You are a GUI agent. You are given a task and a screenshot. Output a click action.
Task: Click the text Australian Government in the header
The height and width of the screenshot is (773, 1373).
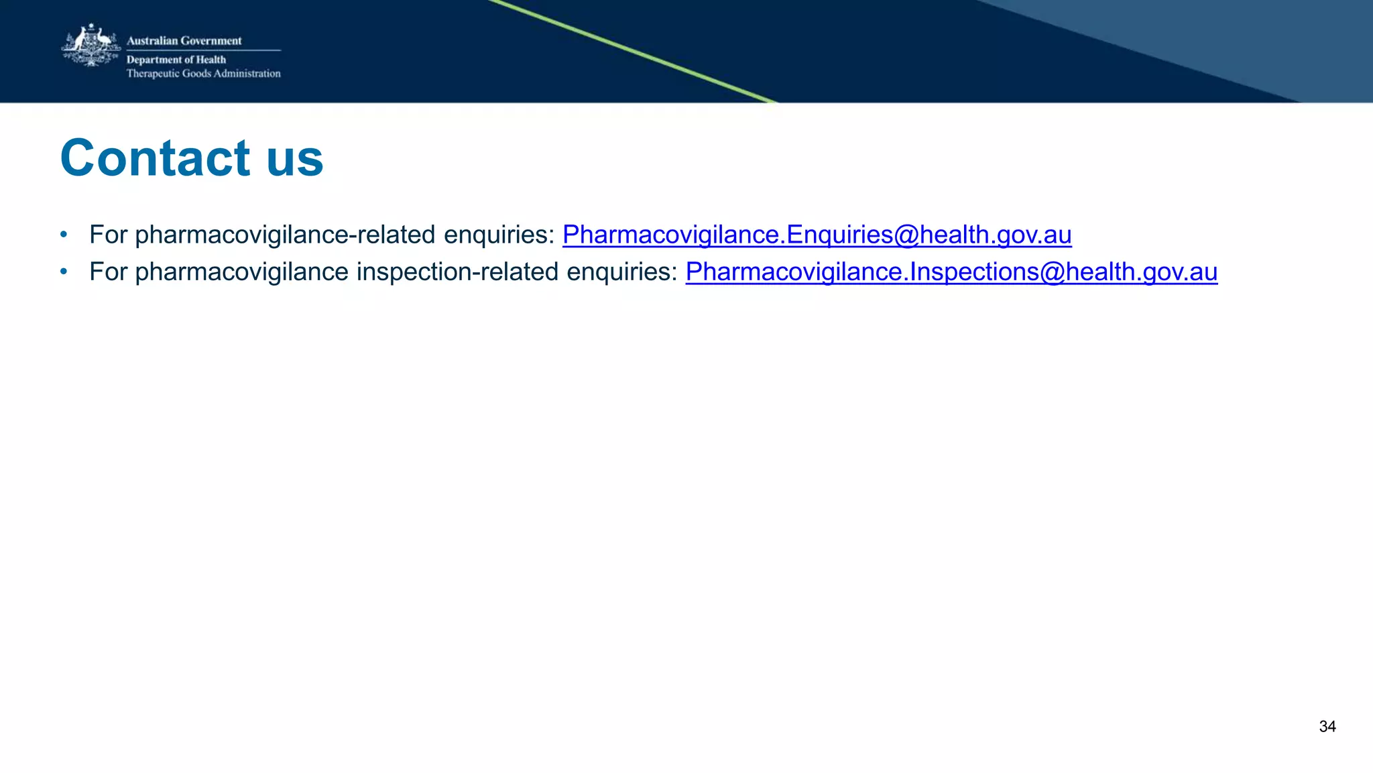[x=184, y=41]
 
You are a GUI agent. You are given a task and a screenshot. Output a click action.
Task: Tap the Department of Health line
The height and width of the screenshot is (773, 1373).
[x=176, y=60]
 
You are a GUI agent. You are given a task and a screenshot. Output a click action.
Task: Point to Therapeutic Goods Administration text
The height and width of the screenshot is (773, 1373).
[x=203, y=74]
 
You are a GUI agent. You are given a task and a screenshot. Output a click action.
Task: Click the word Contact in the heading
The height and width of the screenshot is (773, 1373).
[x=155, y=158]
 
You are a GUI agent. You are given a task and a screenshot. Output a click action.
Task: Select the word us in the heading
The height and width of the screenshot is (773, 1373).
[x=295, y=160]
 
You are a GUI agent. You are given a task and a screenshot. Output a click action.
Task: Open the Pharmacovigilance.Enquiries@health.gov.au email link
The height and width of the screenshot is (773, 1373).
[x=817, y=235]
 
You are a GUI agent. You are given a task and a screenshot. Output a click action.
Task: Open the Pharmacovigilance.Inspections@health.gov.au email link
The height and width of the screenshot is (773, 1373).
[x=951, y=272]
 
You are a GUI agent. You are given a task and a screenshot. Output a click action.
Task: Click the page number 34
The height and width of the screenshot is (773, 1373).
[x=1327, y=727]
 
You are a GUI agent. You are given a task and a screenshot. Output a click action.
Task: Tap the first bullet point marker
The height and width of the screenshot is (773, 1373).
[x=64, y=235]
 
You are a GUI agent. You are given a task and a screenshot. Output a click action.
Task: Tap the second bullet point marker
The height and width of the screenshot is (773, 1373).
[x=64, y=272]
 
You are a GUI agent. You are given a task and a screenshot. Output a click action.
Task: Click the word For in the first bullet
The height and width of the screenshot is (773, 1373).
[x=108, y=235]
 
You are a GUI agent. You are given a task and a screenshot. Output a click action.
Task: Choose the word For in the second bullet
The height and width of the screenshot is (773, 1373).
[x=108, y=272]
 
